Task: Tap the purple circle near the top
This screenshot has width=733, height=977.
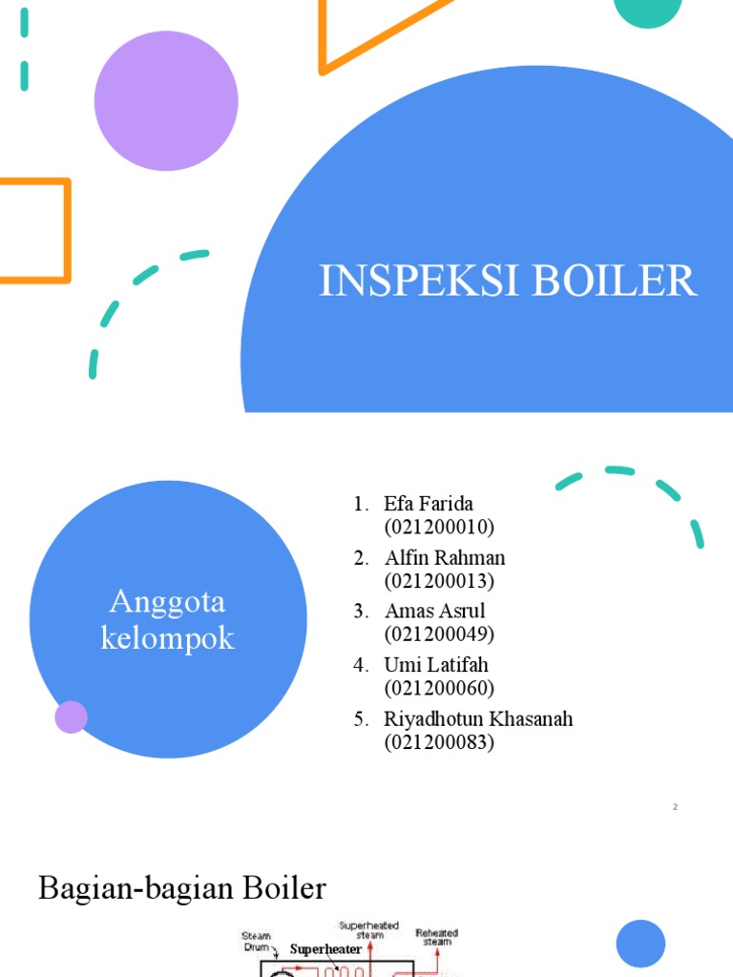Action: tap(166, 101)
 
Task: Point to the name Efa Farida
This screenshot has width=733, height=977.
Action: tap(429, 504)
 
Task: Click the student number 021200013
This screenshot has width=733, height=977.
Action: tap(439, 580)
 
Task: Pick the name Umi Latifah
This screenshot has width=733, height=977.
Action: tap(435, 664)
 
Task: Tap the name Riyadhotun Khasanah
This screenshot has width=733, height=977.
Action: tap(478, 718)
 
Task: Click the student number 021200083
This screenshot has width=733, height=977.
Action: tap(439, 741)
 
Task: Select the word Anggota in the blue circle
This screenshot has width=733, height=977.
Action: tap(167, 602)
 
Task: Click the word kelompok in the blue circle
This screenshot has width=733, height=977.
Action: tap(167, 638)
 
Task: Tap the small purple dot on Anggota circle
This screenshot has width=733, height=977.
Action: tap(72, 717)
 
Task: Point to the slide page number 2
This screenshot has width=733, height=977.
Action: tap(675, 807)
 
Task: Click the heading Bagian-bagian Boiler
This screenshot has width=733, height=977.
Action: tap(182, 889)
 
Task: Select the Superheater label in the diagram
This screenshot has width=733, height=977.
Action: tap(325, 949)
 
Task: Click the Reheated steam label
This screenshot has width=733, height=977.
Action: tap(436, 937)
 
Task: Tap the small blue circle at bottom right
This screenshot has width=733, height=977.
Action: tap(640, 944)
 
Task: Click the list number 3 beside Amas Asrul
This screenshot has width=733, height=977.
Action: tap(360, 611)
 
